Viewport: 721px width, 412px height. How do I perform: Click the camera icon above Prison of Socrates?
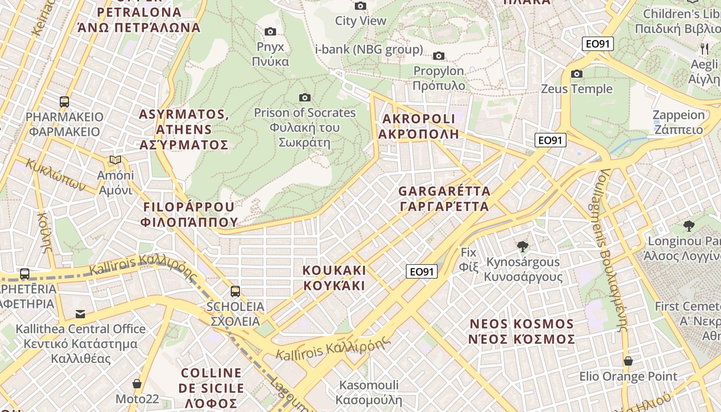pyautogui.click(x=305, y=97)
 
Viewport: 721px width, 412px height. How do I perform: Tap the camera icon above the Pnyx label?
pyautogui.click(x=270, y=32)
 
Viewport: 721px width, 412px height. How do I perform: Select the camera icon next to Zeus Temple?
pyautogui.click(x=577, y=74)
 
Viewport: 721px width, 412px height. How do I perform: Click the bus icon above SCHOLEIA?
pyautogui.click(x=235, y=291)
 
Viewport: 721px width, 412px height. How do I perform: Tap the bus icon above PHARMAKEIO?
pyautogui.click(x=64, y=101)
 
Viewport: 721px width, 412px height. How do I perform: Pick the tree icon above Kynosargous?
pyautogui.click(x=523, y=247)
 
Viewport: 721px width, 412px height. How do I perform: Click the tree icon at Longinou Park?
pyautogui.click(x=689, y=226)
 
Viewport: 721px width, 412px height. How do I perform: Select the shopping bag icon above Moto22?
pyautogui.click(x=137, y=384)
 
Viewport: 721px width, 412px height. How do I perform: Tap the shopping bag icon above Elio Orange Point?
pyautogui.click(x=628, y=361)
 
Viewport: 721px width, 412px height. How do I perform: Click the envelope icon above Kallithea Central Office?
pyautogui.click(x=80, y=314)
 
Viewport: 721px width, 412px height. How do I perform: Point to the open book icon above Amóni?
pyautogui.click(x=115, y=160)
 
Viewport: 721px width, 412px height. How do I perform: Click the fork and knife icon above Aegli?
pyautogui.click(x=705, y=49)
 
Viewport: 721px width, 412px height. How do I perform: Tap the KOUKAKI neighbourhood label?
pyautogui.click(x=334, y=278)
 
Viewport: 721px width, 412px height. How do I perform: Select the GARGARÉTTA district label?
pyautogui.click(x=444, y=199)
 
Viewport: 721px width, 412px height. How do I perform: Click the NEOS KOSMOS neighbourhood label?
pyautogui.click(x=522, y=332)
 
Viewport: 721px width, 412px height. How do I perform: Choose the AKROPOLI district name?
pyautogui.click(x=419, y=127)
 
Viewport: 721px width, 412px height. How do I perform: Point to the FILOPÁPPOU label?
pyautogui.click(x=188, y=214)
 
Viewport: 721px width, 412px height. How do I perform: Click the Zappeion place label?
pyautogui.click(x=678, y=122)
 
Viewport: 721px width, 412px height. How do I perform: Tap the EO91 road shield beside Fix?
pyautogui.click(x=422, y=271)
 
